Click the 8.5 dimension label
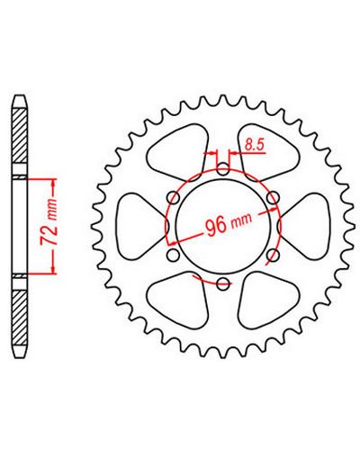pyautogui.click(x=254, y=145)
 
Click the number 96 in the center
pyautogui.click(x=216, y=226)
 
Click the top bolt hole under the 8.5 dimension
pyautogui.click(x=222, y=169)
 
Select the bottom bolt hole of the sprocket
pyautogui.click(x=222, y=283)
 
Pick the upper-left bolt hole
pyautogui.click(x=173, y=198)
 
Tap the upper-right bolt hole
pyautogui.click(x=273, y=198)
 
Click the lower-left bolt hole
pyautogui.click(x=173, y=255)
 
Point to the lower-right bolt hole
pyautogui.click(x=273, y=255)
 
